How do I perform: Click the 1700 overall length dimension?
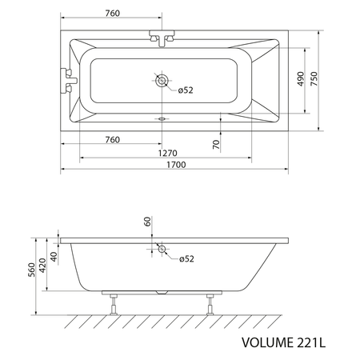176,165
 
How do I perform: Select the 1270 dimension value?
168,153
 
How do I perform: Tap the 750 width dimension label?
314,78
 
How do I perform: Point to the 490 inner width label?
301,79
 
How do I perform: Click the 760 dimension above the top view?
113,13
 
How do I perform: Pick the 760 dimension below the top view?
113,139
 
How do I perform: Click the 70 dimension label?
216,144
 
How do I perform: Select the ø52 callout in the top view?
186,90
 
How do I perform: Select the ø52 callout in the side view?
186,258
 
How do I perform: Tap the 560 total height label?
32,270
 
